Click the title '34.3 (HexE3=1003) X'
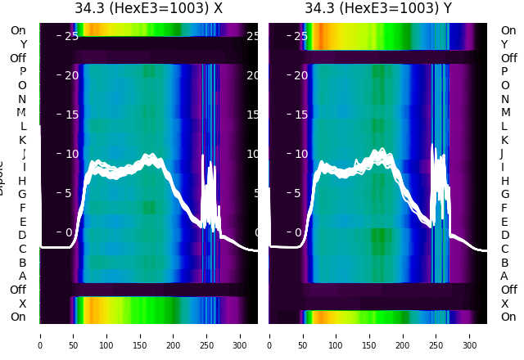click(148, 9)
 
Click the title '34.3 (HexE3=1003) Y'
click(378, 9)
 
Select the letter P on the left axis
click(22, 72)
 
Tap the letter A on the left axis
click(22, 277)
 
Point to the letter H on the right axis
click(504, 181)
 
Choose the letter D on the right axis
click(504, 236)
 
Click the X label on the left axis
click(22, 304)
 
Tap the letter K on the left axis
click(22, 140)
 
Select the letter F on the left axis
click(22, 208)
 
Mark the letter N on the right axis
click(504, 99)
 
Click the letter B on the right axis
click(504, 263)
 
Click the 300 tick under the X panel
click(240, 335)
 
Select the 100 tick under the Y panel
click(336, 335)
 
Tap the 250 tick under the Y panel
click(436, 335)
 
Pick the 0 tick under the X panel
click(40, 335)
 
